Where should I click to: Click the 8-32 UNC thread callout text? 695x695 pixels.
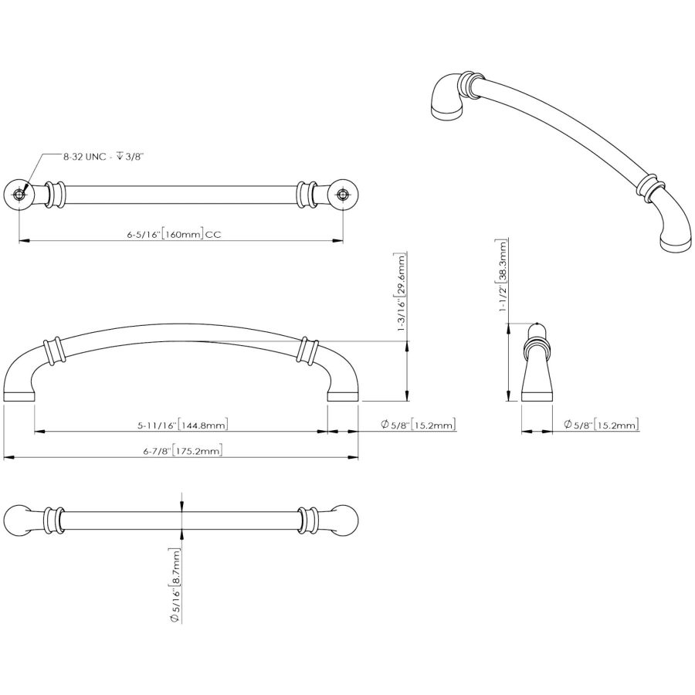click(x=103, y=157)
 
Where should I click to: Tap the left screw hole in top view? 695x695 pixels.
click(x=19, y=195)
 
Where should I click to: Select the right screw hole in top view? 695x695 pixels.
click(x=342, y=195)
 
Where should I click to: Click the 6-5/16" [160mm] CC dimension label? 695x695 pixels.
click(x=174, y=235)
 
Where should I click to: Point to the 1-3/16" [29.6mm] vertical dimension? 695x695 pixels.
click(x=401, y=293)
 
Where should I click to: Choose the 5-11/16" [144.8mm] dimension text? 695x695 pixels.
click(x=182, y=425)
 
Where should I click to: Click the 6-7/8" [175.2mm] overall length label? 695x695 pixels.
click(x=182, y=451)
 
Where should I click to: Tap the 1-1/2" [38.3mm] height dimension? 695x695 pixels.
click(x=502, y=276)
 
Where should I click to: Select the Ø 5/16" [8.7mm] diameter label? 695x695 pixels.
click(x=175, y=585)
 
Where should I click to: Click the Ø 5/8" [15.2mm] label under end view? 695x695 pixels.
click(x=601, y=425)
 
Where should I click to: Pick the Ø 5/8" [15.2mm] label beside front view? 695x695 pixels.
click(x=418, y=425)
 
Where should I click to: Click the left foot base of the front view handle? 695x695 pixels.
click(x=19, y=397)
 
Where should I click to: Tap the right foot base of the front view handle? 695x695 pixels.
click(x=343, y=397)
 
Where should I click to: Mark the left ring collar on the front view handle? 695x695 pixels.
click(x=54, y=351)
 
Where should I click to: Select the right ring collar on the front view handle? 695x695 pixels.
click(x=308, y=351)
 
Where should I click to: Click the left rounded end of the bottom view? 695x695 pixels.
click(x=17, y=520)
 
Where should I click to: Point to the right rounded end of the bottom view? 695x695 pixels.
click(x=345, y=520)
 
